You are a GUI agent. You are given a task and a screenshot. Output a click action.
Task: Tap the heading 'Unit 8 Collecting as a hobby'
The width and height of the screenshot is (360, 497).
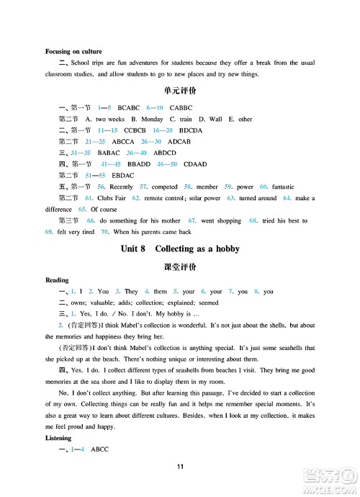tap(180, 249)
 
